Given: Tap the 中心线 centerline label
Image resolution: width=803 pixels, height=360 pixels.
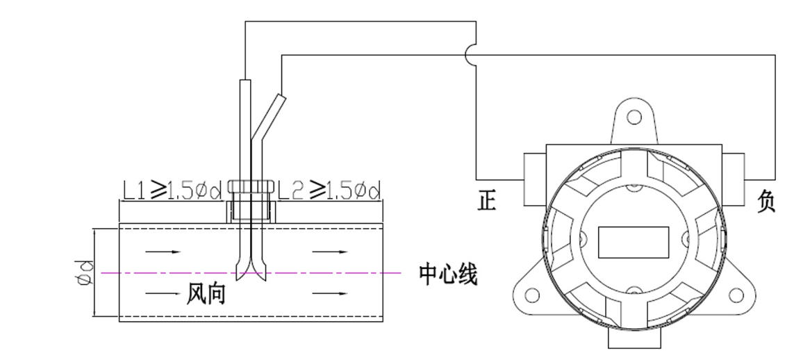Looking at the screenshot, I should pos(448,275).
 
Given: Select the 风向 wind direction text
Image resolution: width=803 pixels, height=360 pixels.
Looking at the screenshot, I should pos(206,295).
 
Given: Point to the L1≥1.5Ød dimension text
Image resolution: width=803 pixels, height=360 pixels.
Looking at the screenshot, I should pos(172,190).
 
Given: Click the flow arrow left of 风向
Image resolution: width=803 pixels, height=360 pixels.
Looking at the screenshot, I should pos(164,295).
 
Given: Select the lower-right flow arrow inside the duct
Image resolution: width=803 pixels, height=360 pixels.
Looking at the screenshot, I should pos(330,295).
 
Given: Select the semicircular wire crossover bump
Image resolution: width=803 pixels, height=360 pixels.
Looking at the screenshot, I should pos(472,55).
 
